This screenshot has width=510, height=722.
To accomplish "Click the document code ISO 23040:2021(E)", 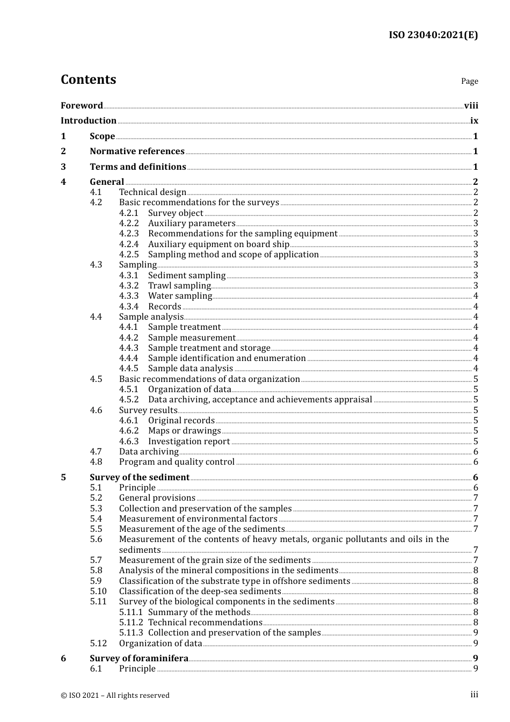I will click(433, 35).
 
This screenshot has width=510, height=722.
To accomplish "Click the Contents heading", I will click(88, 80).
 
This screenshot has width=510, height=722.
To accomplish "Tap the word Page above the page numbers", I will click(469, 81).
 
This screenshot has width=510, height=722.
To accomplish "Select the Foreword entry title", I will click(82, 105).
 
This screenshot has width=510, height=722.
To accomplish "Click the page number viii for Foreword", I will click(471, 105).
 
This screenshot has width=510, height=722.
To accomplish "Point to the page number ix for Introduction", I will click(474, 121).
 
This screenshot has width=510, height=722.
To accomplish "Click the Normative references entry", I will click(137, 151).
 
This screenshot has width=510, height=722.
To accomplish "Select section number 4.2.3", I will click(129, 234).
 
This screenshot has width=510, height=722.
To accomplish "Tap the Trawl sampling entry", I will click(179, 286).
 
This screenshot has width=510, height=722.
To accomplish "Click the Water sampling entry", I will click(180, 296).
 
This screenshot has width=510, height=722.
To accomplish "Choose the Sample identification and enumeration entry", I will click(227, 358).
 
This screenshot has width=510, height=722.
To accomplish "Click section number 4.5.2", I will click(129, 400).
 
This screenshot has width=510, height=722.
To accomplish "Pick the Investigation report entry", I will click(189, 442).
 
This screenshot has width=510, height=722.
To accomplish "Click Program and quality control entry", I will click(177, 462).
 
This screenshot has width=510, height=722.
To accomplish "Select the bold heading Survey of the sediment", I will click(140, 478).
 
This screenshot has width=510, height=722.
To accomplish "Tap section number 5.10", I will click(98, 591).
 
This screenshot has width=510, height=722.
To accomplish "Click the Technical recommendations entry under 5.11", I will click(205, 623).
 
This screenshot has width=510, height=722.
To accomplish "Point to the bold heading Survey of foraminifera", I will click(139, 659).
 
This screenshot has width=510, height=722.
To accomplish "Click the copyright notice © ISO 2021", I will click(115, 696).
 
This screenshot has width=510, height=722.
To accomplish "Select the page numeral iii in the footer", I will click(474, 695).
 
